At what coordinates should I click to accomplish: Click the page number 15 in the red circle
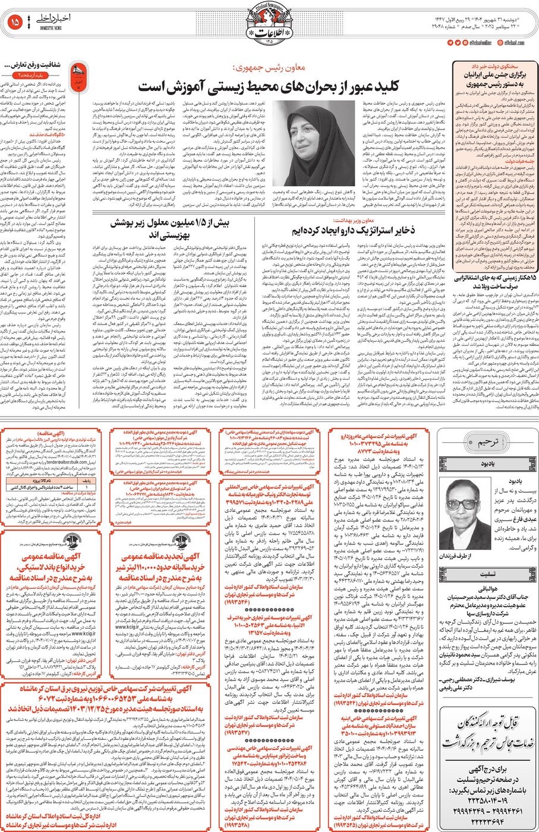(x=15, y=23)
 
